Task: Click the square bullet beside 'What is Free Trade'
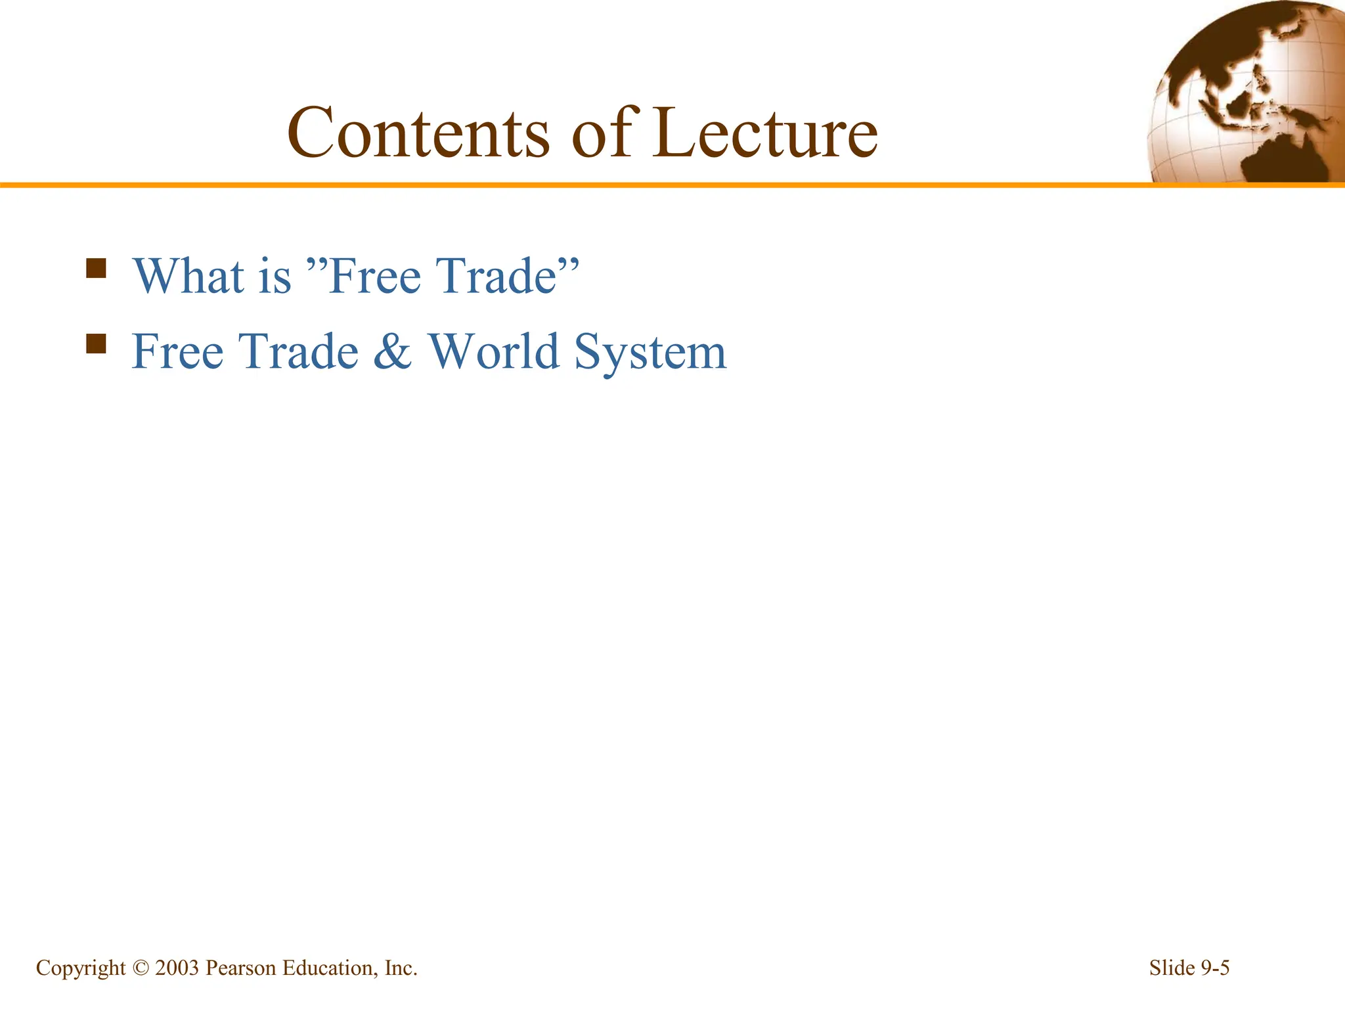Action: pyautogui.click(x=97, y=268)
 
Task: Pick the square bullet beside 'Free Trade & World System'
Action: pyautogui.click(x=97, y=344)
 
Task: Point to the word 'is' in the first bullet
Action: pyautogui.click(x=275, y=276)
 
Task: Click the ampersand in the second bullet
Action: pyautogui.click(x=393, y=351)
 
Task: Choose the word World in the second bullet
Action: pyautogui.click(x=494, y=351)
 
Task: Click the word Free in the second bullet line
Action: pyautogui.click(x=177, y=351)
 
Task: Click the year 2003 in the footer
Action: pyautogui.click(x=177, y=968)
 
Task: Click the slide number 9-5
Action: pyautogui.click(x=1215, y=968)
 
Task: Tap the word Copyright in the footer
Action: pyautogui.click(x=80, y=968)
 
